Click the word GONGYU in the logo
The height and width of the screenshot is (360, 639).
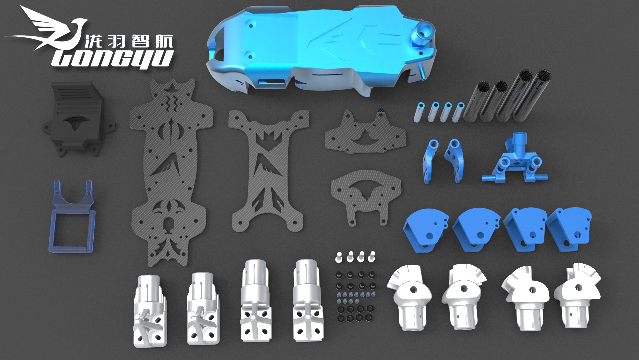point(113,59)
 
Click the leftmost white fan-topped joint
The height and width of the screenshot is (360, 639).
point(411,296)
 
